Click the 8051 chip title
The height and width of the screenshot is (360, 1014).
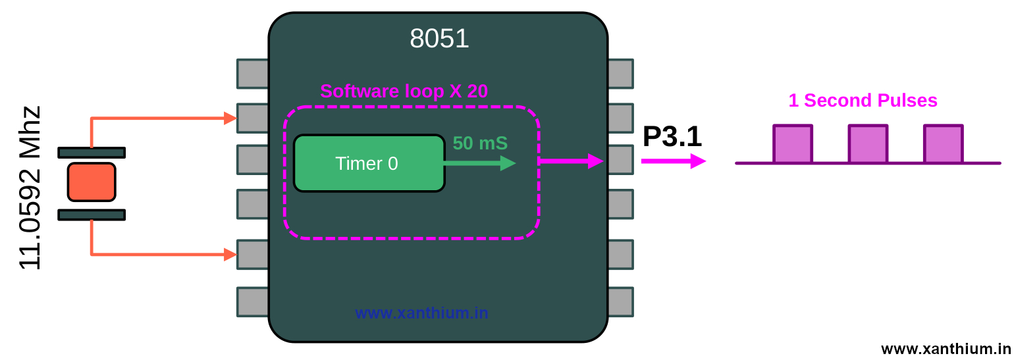coord(439,38)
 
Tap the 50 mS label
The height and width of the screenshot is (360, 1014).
coord(480,143)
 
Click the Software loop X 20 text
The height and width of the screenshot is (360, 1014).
coord(404,91)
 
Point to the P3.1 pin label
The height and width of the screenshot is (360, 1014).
coord(672,137)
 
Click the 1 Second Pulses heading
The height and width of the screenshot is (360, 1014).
coord(863,101)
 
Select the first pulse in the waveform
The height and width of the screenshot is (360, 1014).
coord(793,143)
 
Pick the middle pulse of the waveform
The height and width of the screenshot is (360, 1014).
coord(868,143)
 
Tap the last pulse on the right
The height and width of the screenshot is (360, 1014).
coord(943,143)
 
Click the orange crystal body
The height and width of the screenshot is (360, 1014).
coord(92,182)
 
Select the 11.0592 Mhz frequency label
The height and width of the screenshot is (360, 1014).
coord(30,188)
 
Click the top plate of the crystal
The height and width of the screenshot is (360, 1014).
coord(92,153)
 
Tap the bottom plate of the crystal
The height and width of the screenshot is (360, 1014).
coord(92,215)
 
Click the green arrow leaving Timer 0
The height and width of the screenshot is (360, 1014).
coord(481,163)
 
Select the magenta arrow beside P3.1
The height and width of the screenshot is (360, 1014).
coord(673,161)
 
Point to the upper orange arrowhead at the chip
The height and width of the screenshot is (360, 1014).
coord(230,118)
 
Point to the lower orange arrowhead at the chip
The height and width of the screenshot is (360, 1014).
coord(230,254)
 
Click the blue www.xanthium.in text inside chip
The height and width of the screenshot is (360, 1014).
coord(421,313)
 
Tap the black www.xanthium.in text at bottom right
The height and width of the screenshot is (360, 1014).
coord(946,349)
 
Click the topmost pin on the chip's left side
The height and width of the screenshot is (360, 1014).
coord(253,74)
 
